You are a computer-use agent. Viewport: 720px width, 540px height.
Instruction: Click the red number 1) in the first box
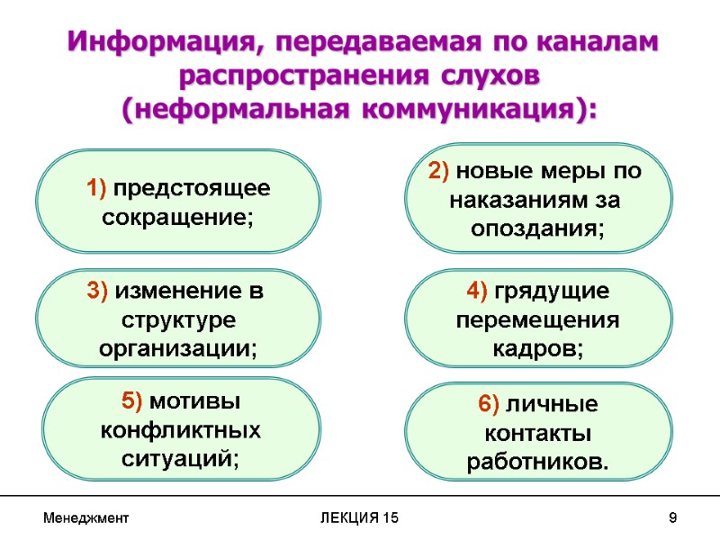[98, 189]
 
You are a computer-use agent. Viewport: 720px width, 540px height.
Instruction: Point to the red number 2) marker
[441, 170]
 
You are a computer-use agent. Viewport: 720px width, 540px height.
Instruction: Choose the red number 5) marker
[132, 400]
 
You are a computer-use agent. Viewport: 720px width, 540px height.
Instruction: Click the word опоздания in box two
[537, 229]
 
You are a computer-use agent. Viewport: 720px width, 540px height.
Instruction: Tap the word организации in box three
[178, 349]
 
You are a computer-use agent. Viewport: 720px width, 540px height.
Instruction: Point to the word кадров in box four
[537, 349]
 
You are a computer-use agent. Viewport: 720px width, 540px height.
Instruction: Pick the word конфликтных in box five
[180, 430]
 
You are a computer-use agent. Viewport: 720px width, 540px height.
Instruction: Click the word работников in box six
[537, 462]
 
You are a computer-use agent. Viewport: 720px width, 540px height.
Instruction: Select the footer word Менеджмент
[85, 518]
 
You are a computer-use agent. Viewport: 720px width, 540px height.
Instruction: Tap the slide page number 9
[672, 518]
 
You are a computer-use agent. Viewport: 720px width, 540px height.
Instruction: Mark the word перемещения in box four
[537, 320]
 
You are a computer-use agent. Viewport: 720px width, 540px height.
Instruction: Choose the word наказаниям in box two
[513, 199]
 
